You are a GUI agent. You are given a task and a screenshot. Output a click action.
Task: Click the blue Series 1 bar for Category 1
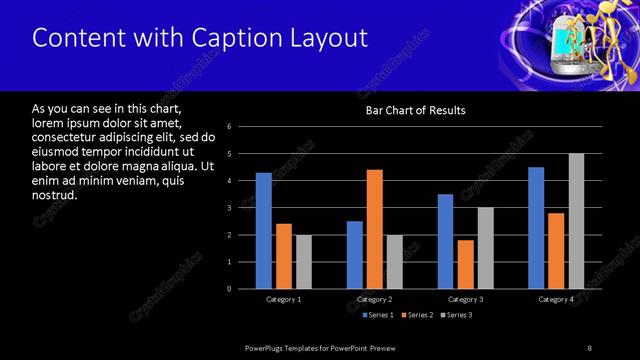[x=263, y=231]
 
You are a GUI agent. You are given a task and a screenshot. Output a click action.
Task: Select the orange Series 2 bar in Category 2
[x=375, y=229]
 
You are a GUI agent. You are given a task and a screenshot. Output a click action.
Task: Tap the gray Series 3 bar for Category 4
[x=576, y=221]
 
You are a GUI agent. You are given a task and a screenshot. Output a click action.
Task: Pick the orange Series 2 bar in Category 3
[x=466, y=264]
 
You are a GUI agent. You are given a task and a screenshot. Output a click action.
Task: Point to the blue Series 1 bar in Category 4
[x=536, y=228]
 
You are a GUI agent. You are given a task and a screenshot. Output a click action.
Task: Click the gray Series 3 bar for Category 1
[x=303, y=262]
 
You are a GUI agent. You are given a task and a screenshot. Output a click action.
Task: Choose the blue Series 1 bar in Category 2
[x=355, y=255]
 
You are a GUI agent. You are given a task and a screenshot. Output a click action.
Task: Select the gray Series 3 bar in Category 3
[x=486, y=248]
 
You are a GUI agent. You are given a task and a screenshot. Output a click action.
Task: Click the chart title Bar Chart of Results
[x=414, y=110]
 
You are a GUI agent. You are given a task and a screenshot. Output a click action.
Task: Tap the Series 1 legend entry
[x=377, y=316]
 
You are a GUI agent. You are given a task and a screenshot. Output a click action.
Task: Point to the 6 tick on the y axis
[x=230, y=127]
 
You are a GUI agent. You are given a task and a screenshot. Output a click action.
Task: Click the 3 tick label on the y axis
[x=230, y=208]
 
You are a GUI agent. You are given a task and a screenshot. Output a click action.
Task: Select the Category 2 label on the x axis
[x=375, y=300]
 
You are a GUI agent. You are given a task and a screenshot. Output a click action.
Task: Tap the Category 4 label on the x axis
[x=556, y=300]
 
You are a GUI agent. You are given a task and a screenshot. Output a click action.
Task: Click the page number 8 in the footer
[x=590, y=347]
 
